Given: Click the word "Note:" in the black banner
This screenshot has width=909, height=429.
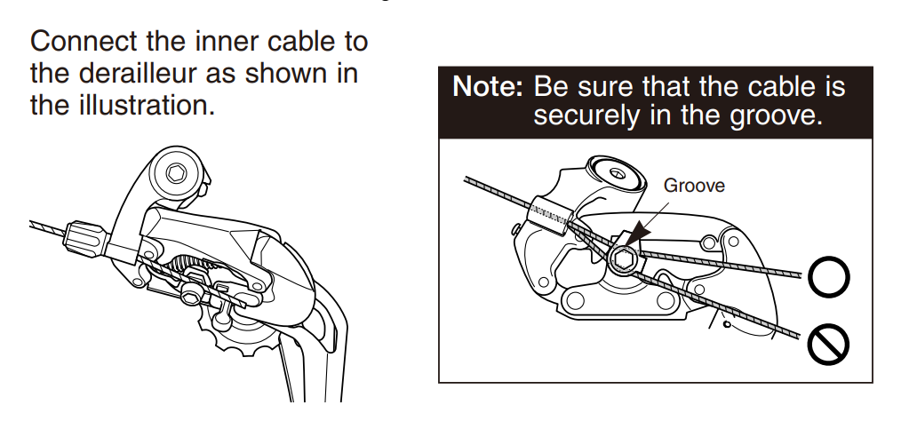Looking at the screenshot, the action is (487, 87).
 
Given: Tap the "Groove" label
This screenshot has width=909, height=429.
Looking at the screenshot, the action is (694, 186).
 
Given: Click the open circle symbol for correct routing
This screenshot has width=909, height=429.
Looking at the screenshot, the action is (828, 276).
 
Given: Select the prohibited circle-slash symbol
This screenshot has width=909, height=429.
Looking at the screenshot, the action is (828, 345).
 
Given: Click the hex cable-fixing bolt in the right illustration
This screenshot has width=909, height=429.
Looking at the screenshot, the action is (625, 259).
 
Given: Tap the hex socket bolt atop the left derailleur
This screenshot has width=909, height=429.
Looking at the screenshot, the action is (176, 173).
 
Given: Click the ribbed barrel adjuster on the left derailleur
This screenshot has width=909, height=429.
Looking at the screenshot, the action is (84, 237).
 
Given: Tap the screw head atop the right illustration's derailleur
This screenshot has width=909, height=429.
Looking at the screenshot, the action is (618, 173).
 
